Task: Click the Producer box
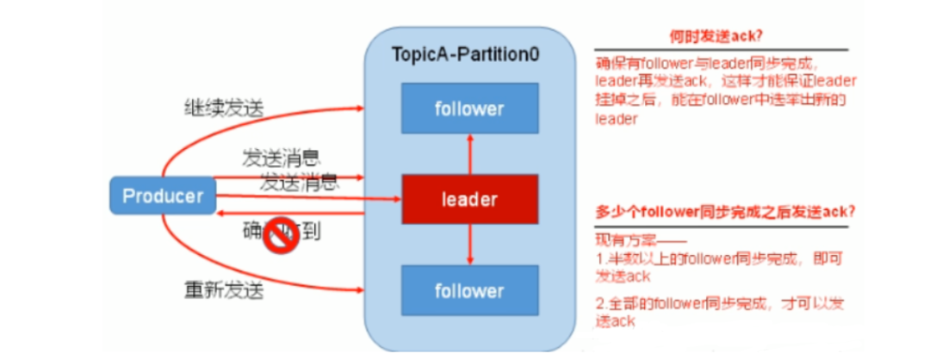(x=162, y=196)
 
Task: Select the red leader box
(x=469, y=199)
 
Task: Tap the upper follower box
(x=469, y=109)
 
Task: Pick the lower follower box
(x=469, y=290)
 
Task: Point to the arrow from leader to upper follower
(x=469, y=155)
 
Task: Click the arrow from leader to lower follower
(x=469, y=244)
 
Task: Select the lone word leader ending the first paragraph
(x=616, y=120)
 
